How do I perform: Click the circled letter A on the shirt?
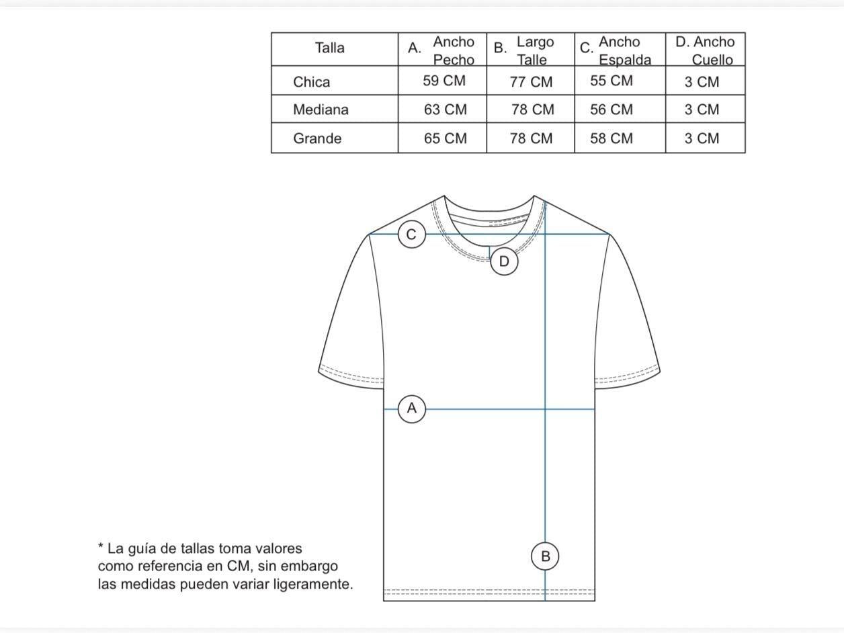point(411,409)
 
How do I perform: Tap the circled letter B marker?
point(545,556)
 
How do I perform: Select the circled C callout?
point(411,234)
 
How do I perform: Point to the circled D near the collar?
point(504,261)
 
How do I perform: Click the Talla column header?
point(329,48)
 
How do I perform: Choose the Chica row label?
point(311,82)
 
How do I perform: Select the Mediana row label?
point(321,110)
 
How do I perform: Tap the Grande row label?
point(317,138)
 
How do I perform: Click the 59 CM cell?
point(444,81)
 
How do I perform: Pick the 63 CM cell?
point(446,110)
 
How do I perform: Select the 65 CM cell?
point(446,138)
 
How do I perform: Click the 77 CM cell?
point(531,82)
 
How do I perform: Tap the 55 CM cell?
point(611,81)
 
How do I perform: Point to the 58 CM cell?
point(611,138)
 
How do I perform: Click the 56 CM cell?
point(611,110)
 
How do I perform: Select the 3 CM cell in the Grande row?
point(702,138)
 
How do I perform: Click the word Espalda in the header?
point(625,60)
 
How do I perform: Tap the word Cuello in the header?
point(712,60)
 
